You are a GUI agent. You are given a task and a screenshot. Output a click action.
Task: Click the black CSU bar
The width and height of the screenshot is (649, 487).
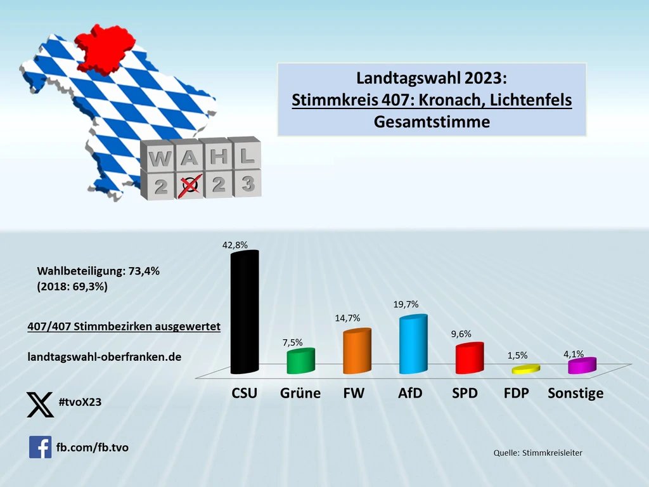click(244, 312)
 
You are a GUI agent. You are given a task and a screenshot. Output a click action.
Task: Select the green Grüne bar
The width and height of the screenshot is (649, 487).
click(300, 361)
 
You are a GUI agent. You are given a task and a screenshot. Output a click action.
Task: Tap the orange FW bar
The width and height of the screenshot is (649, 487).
click(356, 352)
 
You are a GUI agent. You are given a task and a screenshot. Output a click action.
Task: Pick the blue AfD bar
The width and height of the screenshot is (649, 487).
click(413, 344)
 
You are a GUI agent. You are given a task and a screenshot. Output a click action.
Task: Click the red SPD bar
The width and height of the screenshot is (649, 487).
click(469, 358)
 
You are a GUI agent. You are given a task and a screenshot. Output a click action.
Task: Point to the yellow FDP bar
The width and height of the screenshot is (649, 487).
click(525, 369)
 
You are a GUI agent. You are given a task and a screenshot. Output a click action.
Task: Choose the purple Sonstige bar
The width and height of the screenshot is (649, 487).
click(582, 365)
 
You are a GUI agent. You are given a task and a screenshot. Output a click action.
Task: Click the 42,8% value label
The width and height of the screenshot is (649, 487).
click(235, 244)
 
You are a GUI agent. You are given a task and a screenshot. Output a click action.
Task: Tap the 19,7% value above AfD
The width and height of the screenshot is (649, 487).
click(406, 304)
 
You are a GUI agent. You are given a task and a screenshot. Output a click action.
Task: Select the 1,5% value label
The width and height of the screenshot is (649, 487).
click(517, 356)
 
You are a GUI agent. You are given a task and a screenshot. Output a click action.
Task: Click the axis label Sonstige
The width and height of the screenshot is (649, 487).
click(575, 393)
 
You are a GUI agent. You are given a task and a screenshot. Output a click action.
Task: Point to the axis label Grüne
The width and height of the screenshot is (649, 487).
click(300, 393)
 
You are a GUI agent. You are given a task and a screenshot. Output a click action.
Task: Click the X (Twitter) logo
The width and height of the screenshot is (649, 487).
click(41, 405)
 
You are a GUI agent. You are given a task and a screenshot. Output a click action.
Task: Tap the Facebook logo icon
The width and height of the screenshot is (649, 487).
click(40, 447)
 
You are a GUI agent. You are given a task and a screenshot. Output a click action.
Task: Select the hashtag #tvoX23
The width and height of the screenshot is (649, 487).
click(80, 402)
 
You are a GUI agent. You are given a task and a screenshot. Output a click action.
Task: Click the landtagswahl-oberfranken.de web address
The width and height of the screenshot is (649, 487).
click(105, 357)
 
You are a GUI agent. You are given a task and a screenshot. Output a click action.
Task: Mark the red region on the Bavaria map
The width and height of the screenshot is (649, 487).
click(106, 48)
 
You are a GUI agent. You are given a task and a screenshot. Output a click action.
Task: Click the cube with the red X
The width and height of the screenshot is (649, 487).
click(186, 185)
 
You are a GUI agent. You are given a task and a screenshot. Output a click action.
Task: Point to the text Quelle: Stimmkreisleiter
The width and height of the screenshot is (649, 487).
click(537, 452)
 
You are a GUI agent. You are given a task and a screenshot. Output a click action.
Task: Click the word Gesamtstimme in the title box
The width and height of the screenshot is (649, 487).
click(432, 121)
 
